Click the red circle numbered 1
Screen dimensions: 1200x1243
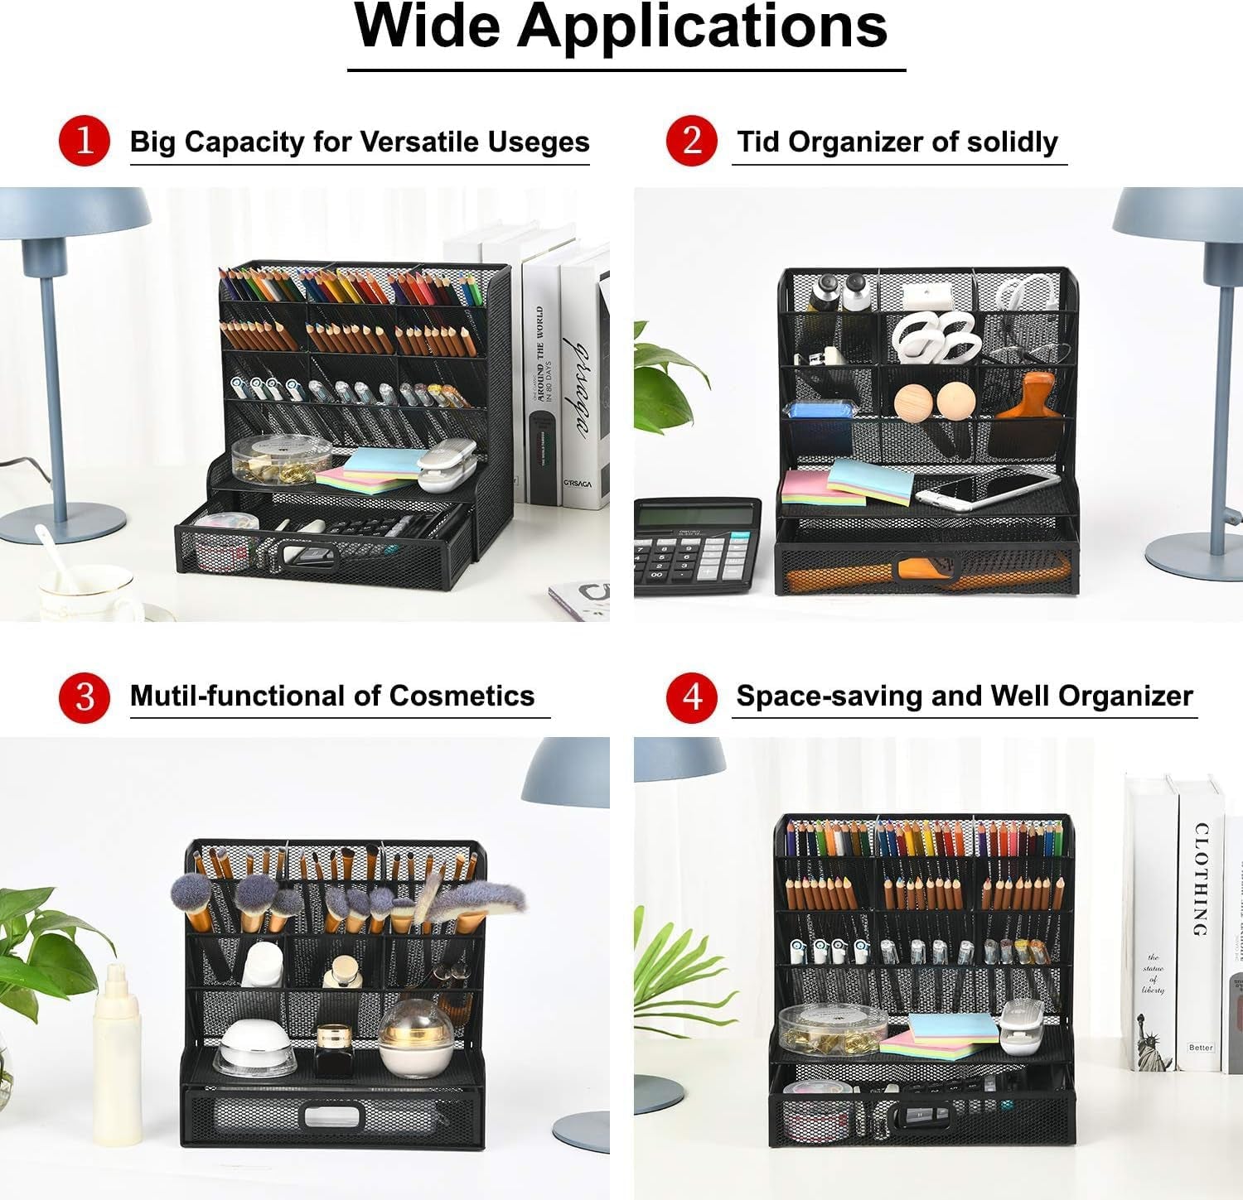point(85,141)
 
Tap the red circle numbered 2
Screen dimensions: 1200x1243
point(691,141)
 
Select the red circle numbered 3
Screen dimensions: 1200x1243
point(85,696)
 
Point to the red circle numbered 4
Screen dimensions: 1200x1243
point(691,696)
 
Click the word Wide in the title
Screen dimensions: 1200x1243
point(427,27)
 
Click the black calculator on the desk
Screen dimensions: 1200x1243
point(696,547)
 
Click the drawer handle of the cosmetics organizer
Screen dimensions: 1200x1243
point(331,1117)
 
